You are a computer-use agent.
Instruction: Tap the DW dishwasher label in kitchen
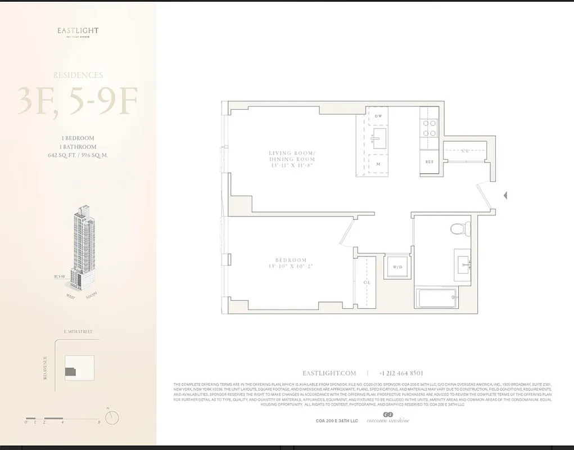[x=379, y=116]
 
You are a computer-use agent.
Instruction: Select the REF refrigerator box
[x=429, y=162]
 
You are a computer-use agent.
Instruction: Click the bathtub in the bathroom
[x=436, y=298]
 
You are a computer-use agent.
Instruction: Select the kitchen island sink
[x=379, y=137]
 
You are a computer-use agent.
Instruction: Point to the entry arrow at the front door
[x=505, y=195]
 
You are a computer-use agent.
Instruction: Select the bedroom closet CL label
[x=366, y=282]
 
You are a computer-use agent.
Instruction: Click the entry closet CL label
[x=465, y=151]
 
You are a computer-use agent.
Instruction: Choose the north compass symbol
[x=112, y=417]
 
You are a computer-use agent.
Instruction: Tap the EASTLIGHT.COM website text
[x=329, y=373]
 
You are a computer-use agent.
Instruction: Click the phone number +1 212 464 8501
[x=401, y=373]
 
